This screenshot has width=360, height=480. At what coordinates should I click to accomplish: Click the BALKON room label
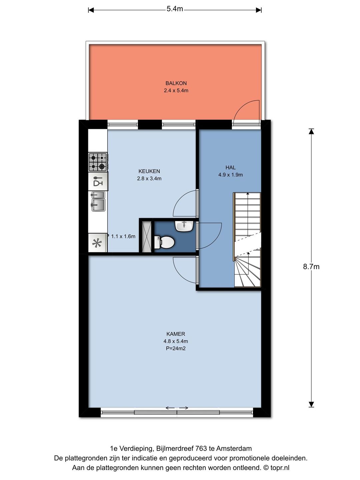[176, 83]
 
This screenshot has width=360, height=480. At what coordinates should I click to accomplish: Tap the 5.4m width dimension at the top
[175, 9]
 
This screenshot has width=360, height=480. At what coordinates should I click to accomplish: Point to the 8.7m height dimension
[311, 267]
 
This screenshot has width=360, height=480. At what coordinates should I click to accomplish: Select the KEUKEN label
[149, 171]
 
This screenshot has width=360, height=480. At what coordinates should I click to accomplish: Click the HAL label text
[230, 167]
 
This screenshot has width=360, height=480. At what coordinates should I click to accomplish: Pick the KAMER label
[176, 334]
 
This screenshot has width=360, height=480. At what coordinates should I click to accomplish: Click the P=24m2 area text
[176, 348]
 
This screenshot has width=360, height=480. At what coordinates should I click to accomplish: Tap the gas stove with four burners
[98, 162]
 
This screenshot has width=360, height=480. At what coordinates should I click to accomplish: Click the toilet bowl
[164, 242]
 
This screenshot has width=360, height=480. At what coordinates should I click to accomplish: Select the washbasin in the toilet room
[184, 226]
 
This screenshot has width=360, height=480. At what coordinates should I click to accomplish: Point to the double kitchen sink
[98, 201]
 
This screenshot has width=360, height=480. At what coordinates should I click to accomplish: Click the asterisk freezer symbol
[97, 243]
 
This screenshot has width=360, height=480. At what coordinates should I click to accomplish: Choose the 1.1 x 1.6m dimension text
[123, 236]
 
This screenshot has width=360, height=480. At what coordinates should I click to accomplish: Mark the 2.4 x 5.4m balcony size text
[176, 90]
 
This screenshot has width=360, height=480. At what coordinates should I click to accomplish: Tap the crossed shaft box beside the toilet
[146, 237]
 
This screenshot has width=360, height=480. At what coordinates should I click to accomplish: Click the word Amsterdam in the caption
[234, 449]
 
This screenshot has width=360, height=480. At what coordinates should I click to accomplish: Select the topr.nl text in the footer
[280, 468]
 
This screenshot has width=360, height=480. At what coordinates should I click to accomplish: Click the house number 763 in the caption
[201, 449]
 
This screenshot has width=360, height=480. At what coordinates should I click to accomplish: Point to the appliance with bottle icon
[98, 181]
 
